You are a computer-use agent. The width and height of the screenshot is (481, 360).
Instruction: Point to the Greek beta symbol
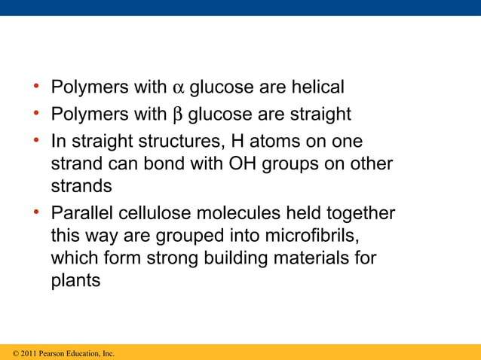(178, 116)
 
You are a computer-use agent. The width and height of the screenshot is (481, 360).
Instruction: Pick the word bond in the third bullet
(173, 164)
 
